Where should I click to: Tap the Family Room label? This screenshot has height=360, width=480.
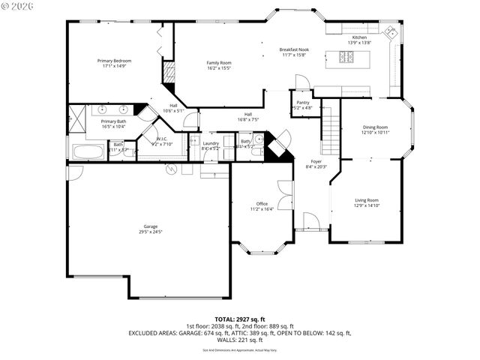(219, 63)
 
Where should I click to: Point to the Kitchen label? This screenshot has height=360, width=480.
(359, 37)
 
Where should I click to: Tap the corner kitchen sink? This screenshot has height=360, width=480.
(391, 32)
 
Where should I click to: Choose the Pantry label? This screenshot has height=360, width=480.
(303, 102)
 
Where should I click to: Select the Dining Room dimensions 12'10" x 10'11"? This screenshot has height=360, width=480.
(376, 133)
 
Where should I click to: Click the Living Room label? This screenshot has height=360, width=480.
(367, 199)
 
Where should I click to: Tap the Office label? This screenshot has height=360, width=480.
(262, 203)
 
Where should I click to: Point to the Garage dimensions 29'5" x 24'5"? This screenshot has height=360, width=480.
(150, 232)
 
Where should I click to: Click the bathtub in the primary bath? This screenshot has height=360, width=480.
(88, 152)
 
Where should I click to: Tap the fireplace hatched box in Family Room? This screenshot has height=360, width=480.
(169, 73)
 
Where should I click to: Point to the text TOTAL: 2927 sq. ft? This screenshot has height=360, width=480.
(239, 319)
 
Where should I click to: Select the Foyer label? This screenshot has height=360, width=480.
(316, 161)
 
